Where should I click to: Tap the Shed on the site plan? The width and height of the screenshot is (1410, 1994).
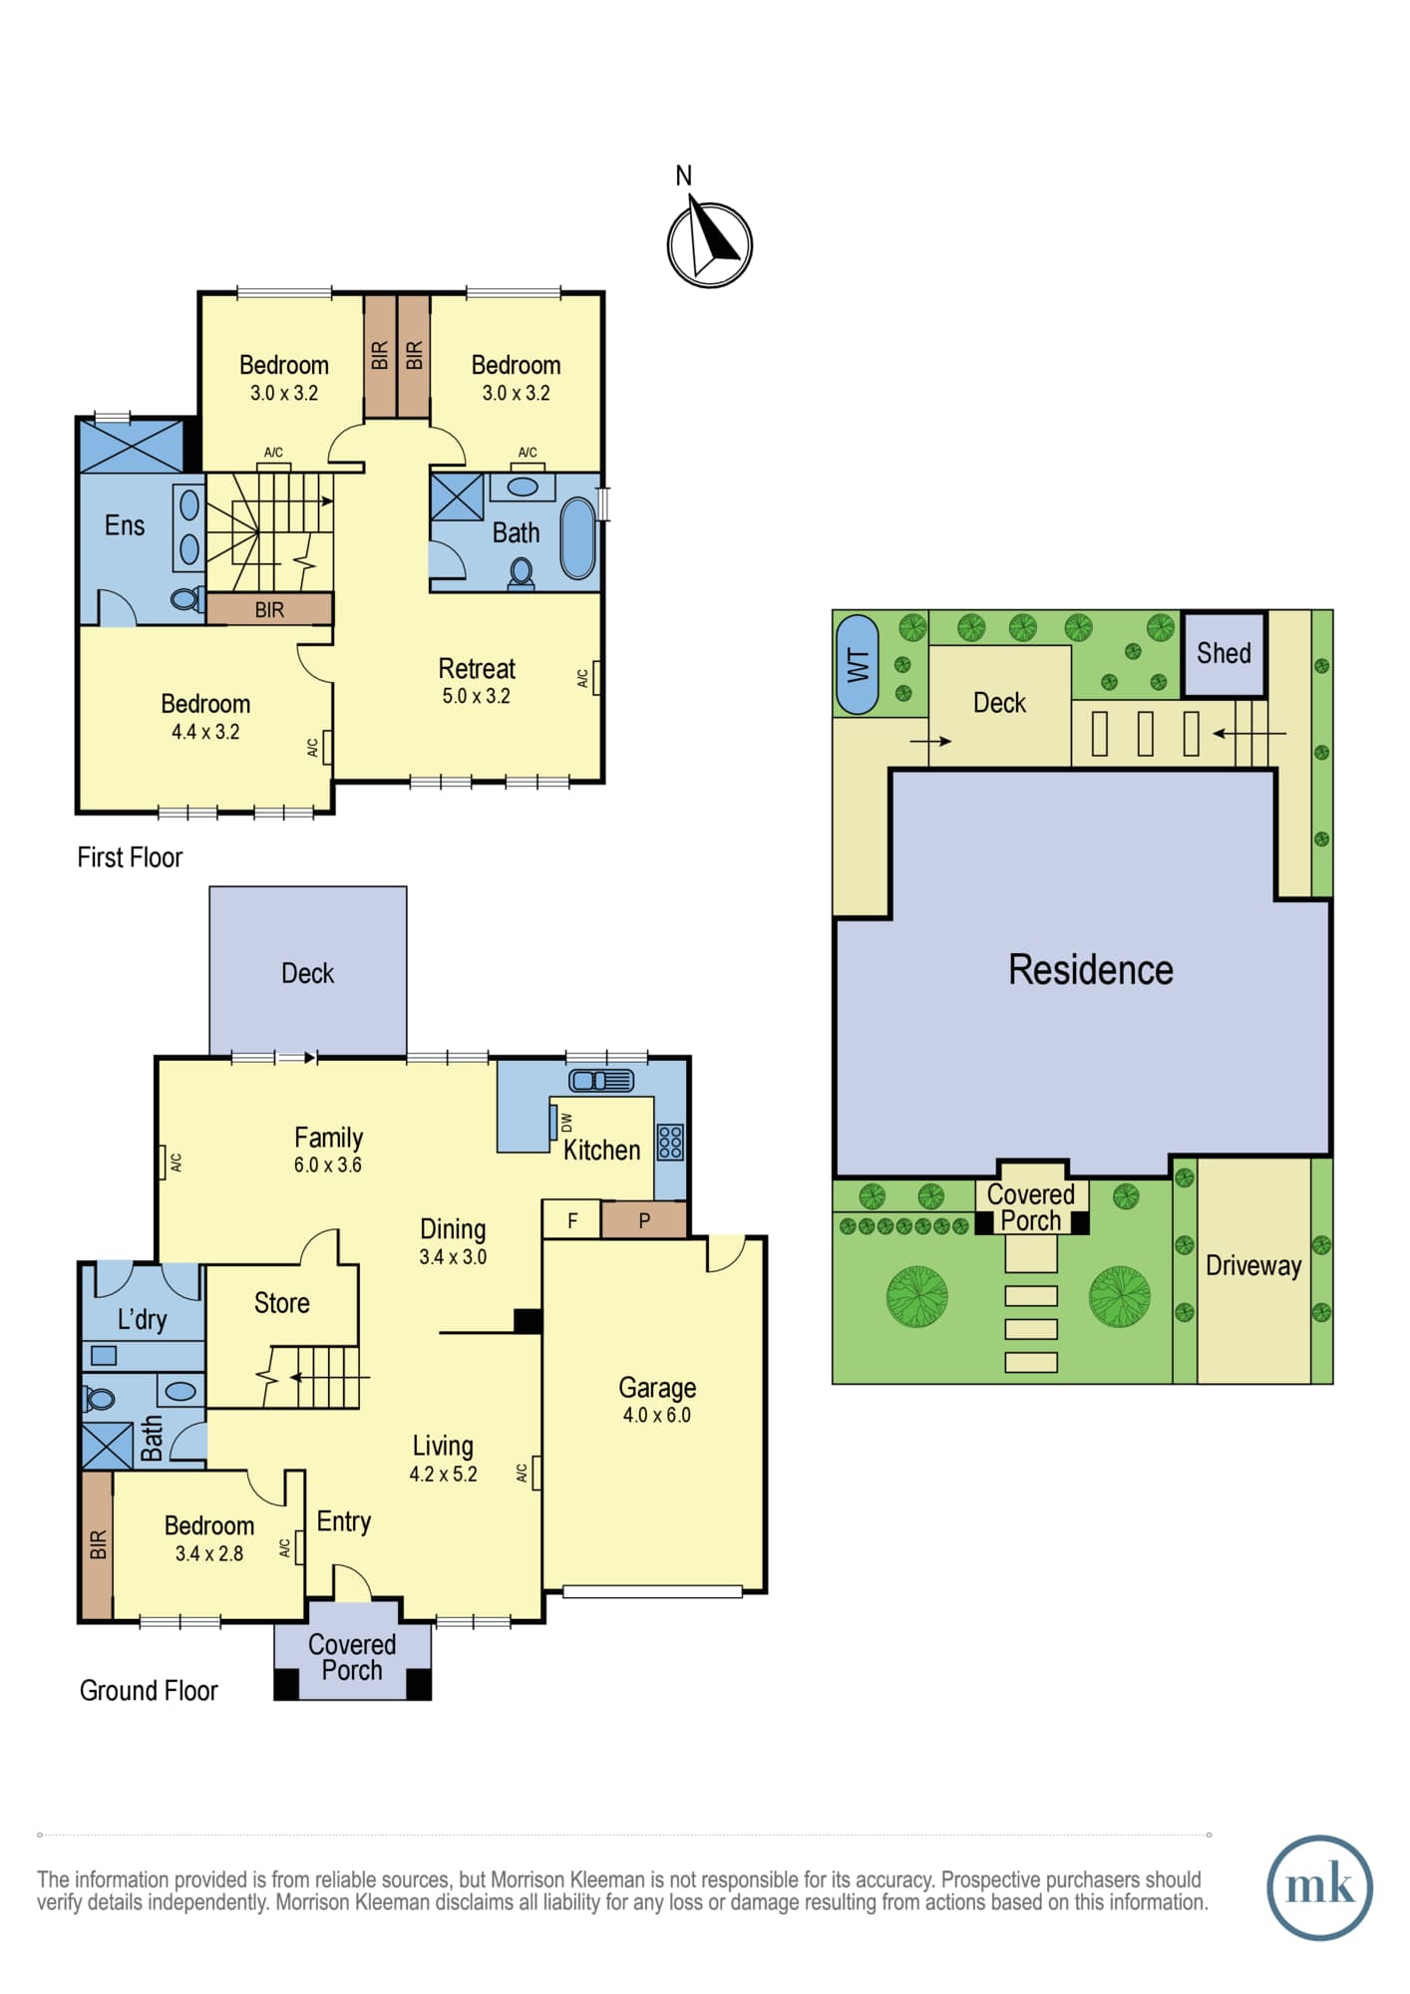(x=1224, y=654)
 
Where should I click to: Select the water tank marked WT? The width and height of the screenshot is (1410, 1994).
(x=857, y=664)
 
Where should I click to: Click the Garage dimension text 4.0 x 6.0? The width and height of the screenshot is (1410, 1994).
(x=656, y=1415)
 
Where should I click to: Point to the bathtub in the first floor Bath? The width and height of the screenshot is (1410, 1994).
(x=577, y=538)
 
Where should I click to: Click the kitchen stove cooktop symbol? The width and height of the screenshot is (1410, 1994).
(x=670, y=1143)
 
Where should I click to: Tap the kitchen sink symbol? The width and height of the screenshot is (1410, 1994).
(x=600, y=1080)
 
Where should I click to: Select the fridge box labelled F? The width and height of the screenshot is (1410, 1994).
(x=571, y=1219)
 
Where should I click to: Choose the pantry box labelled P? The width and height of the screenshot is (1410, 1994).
(x=644, y=1220)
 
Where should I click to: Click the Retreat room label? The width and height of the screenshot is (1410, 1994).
(x=477, y=668)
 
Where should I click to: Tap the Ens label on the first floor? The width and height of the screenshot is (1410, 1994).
(x=125, y=525)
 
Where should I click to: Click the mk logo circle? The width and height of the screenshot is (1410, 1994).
(x=1319, y=1887)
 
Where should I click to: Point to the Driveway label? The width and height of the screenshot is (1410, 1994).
(x=1253, y=1266)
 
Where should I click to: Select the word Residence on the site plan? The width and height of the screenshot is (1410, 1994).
(x=1091, y=969)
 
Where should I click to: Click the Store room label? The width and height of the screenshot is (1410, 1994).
(x=281, y=1303)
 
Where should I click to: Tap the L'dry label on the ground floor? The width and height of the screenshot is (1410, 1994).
(x=142, y=1320)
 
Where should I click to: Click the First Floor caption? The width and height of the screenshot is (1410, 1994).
(x=130, y=857)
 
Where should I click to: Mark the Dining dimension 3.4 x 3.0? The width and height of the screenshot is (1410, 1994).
(x=453, y=1257)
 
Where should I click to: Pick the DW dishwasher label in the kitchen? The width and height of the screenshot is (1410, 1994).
(x=566, y=1122)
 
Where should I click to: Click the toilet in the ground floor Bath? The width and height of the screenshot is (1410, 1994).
(x=101, y=1399)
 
